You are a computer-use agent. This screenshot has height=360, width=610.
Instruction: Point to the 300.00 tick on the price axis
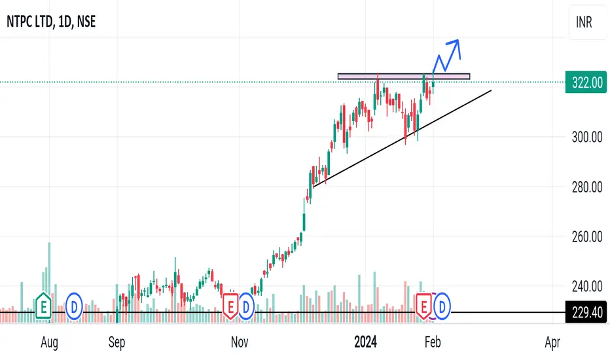click(x=586, y=137)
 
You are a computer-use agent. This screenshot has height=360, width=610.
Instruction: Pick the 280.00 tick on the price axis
click(x=586, y=188)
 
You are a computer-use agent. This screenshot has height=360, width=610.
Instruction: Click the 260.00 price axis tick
click(x=586, y=236)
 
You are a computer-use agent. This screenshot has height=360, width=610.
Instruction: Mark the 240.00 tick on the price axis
click(x=586, y=286)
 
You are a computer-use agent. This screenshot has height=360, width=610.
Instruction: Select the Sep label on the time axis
click(x=117, y=342)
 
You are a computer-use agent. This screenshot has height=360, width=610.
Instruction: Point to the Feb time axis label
click(x=433, y=342)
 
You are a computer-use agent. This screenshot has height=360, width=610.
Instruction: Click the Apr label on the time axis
click(x=551, y=342)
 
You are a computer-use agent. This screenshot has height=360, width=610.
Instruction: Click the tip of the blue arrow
click(x=458, y=41)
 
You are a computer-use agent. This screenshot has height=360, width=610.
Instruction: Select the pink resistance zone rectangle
click(x=404, y=77)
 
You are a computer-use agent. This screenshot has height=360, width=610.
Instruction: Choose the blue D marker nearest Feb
click(x=442, y=305)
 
